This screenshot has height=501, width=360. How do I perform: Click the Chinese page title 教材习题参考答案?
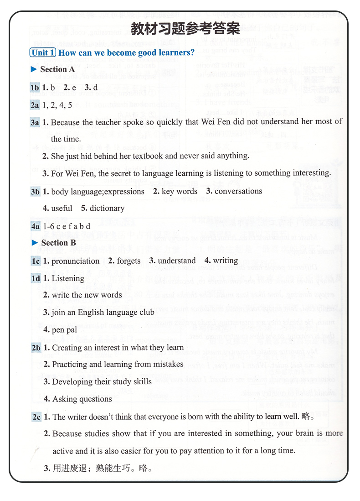pyautogui.click(x=185, y=29)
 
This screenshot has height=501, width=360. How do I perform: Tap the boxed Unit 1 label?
pyautogui.click(x=43, y=52)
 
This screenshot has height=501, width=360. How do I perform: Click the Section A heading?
pyautogui.click(x=57, y=69)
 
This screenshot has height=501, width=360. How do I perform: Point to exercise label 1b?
pyautogui.click(x=35, y=87)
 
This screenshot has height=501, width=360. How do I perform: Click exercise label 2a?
pyautogui.click(x=35, y=105)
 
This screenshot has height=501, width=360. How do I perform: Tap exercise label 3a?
pyautogui.click(x=35, y=122)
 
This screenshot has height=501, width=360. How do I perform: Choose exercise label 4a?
pyautogui.click(x=35, y=226)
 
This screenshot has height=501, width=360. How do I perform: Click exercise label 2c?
pyautogui.click(x=36, y=417)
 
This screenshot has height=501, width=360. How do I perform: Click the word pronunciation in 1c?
pyautogui.click(x=75, y=261)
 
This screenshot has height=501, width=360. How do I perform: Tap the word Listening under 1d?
pyautogui.click(x=68, y=278)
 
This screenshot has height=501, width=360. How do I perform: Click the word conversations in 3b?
pyautogui.click(x=238, y=191)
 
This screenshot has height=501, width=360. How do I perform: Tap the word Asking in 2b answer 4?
pyautogui.click(x=65, y=399)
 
